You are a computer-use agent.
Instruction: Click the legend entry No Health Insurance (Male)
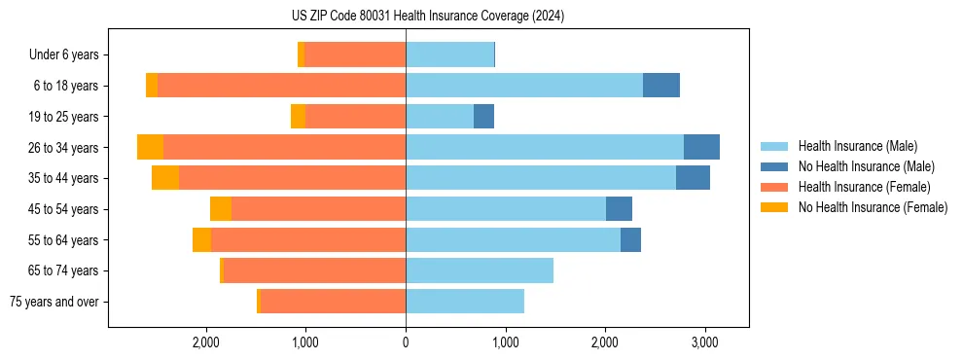click(x=860, y=166)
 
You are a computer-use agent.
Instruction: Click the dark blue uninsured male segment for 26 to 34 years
click(x=701, y=147)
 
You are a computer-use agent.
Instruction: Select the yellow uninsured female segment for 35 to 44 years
click(x=165, y=178)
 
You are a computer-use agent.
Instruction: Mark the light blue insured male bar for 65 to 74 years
click(x=480, y=270)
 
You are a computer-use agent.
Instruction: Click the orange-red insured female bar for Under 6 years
click(x=355, y=54)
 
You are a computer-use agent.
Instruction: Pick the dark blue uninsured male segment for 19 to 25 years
click(x=483, y=117)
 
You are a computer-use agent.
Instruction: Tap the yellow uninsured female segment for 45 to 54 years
click(x=221, y=209)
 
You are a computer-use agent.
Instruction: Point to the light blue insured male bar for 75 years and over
click(x=465, y=302)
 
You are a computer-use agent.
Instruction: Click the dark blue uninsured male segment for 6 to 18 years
click(x=661, y=86)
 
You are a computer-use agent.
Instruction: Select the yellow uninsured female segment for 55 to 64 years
click(x=201, y=239)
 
